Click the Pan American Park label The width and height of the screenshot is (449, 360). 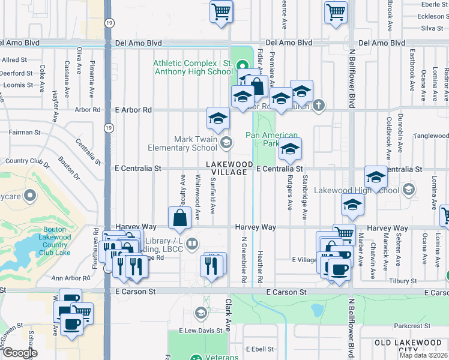272,139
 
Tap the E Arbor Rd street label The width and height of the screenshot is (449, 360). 133,110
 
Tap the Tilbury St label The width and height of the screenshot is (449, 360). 403,281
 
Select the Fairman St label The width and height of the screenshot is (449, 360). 25,132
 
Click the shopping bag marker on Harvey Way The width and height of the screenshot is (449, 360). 181,219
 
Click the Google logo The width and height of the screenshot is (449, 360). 20,353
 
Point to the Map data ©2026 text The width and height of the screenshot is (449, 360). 423,355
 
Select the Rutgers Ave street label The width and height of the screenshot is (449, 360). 289,196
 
